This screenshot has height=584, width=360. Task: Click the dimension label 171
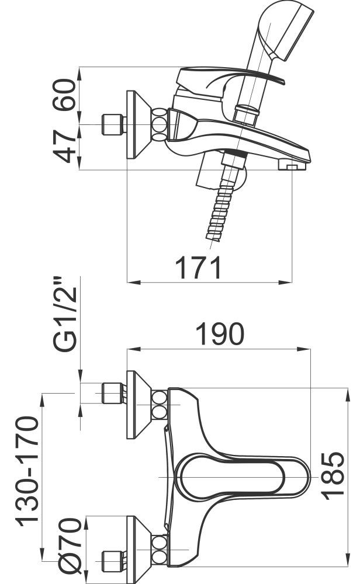coord(199,267)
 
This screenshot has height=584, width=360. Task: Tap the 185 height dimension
coord(333,475)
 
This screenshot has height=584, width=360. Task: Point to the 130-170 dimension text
coord(27,471)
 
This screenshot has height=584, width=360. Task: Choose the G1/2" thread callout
coord(65,314)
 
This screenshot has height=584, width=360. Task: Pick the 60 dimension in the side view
coord(64,95)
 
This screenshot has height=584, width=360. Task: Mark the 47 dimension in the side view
coord(64,147)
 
